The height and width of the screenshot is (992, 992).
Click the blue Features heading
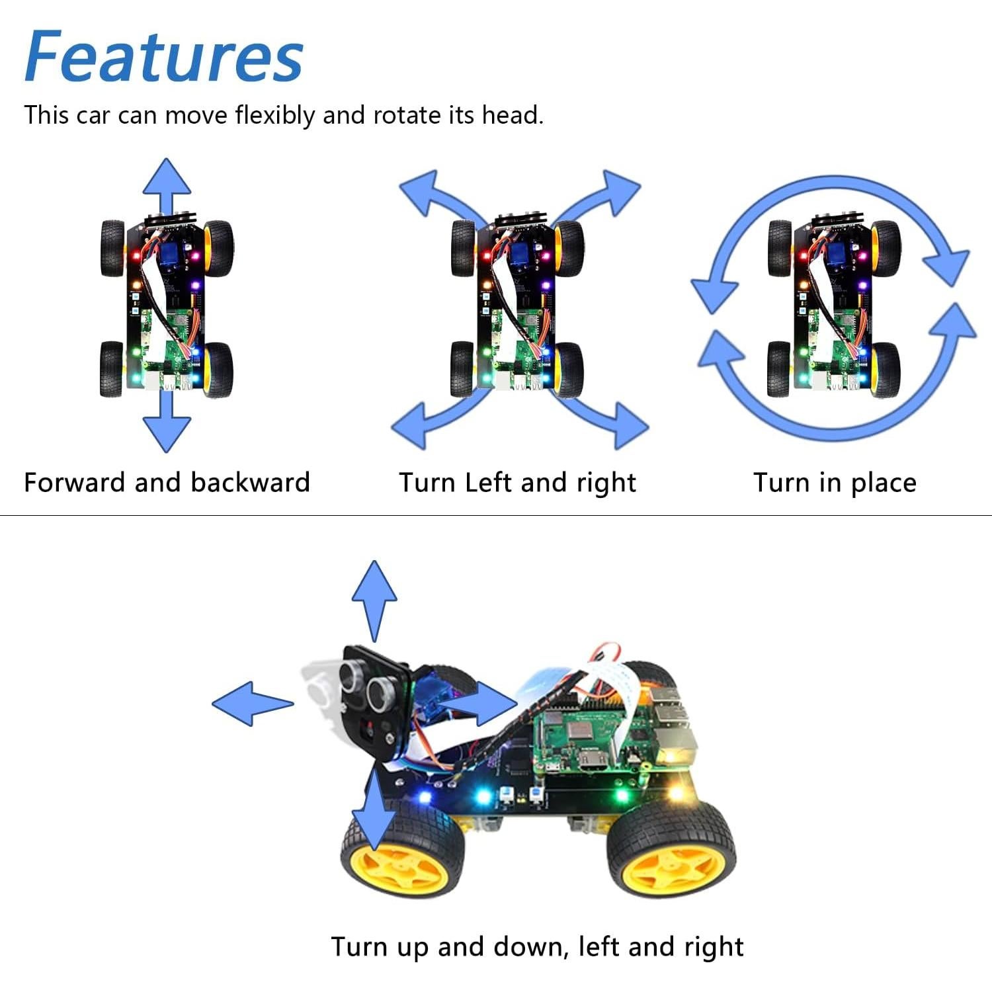163,57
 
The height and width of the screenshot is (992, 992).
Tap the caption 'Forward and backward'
167,482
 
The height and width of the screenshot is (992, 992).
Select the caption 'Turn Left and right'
517,482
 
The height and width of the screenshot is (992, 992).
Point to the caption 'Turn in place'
835,482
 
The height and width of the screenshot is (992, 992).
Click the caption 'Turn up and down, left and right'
537,946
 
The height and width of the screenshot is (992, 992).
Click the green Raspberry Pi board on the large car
582,741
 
